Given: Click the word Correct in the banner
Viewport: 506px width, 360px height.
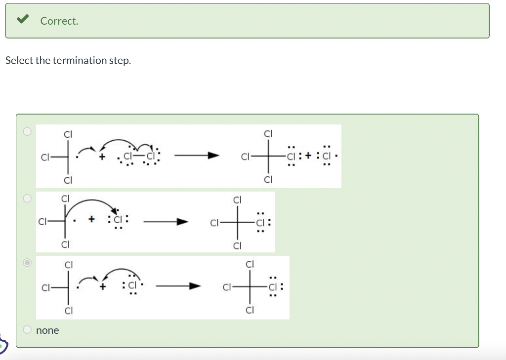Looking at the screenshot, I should pos(59,21).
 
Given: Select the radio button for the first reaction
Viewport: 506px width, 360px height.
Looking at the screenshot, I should pos(28,131).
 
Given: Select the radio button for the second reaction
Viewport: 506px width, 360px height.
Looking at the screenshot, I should pos(28,198).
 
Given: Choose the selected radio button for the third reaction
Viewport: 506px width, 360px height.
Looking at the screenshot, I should pos(28,263).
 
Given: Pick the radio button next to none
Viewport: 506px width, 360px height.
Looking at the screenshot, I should pos(28,329).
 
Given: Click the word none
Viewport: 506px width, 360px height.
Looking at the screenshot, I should pos(47,330).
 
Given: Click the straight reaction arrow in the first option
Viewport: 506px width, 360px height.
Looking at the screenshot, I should pos(196,156).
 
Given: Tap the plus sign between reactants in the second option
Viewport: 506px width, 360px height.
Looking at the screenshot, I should pos(92,220).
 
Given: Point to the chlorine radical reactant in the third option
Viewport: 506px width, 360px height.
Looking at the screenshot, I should pos(132,285).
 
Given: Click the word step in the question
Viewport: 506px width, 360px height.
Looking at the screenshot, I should pos(119,61).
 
